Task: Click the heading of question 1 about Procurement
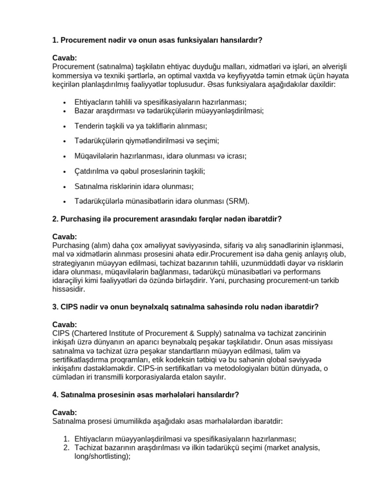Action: point(157,40)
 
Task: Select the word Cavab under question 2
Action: point(64,237)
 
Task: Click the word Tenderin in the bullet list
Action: point(88,126)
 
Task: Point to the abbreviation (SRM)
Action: point(238,201)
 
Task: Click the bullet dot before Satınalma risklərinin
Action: point(65,187)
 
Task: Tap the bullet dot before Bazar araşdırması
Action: point(65,111)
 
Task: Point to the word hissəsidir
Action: point(71,289)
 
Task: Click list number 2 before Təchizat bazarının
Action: point(67,448)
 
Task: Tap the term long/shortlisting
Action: point(98,456)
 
